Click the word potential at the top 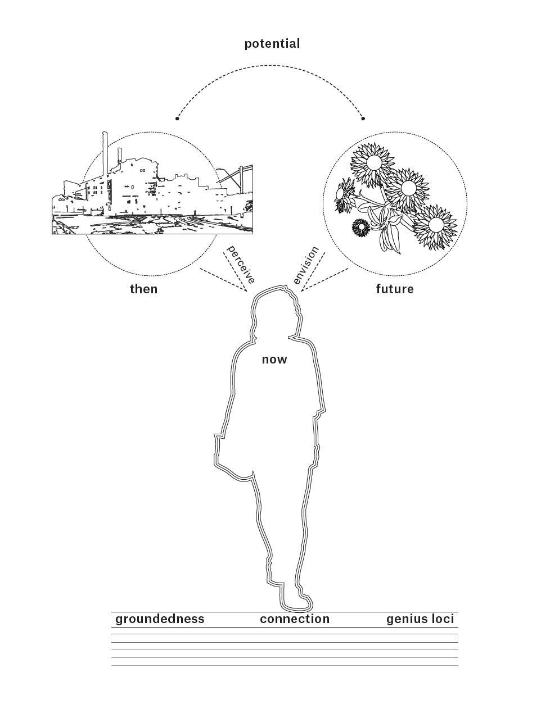[x=272, y=44]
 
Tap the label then [x=144, y=289]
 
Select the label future [x=395, y=289]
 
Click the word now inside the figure [x=274, y=360]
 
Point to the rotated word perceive [x=241, y=264]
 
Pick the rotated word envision [x=306, y=265]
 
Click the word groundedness [x=160, y=619]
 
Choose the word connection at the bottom [x=295, y=619]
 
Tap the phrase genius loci [x=420, y=619]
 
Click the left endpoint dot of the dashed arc [x=177, y=119]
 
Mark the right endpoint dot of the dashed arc [x=363, y=119]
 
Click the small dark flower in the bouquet [x=360, y=228]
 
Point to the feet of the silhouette [x=296, y=604]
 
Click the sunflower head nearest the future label [x=436, y=225]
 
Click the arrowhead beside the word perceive [x=245, y=290]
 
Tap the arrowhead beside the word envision [x=303, y=290]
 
